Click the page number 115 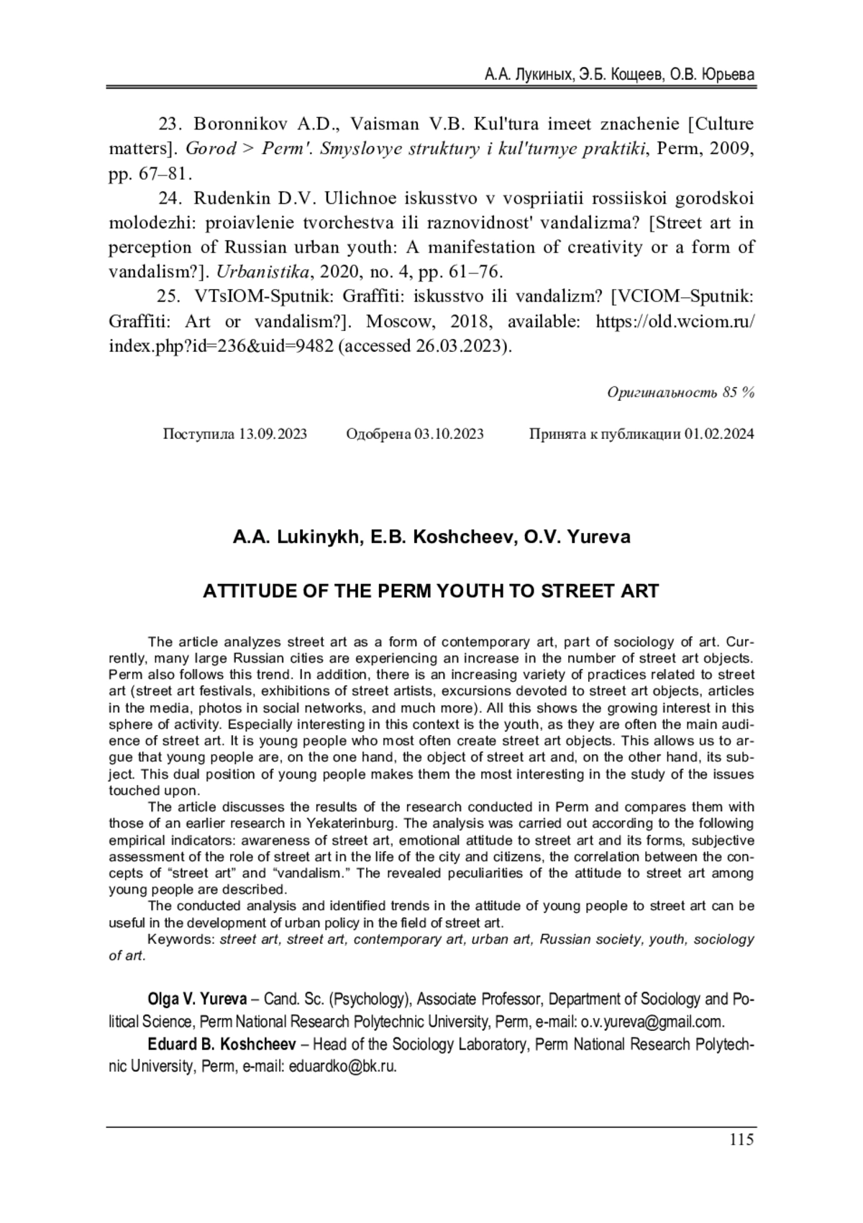pyautogui.click(x=741, y=1140)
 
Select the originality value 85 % pyautogui.click(x=739, y=392)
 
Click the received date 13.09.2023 pyautogui.click(x=273, y=434)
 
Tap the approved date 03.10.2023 pyautogui.click(x=449, y=434)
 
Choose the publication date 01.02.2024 pyautogui.click(x=719, y=434)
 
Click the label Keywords pyautogui.click(x=181, y=940)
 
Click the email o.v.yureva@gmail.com pyautogui.click(x=651, y=1022)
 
